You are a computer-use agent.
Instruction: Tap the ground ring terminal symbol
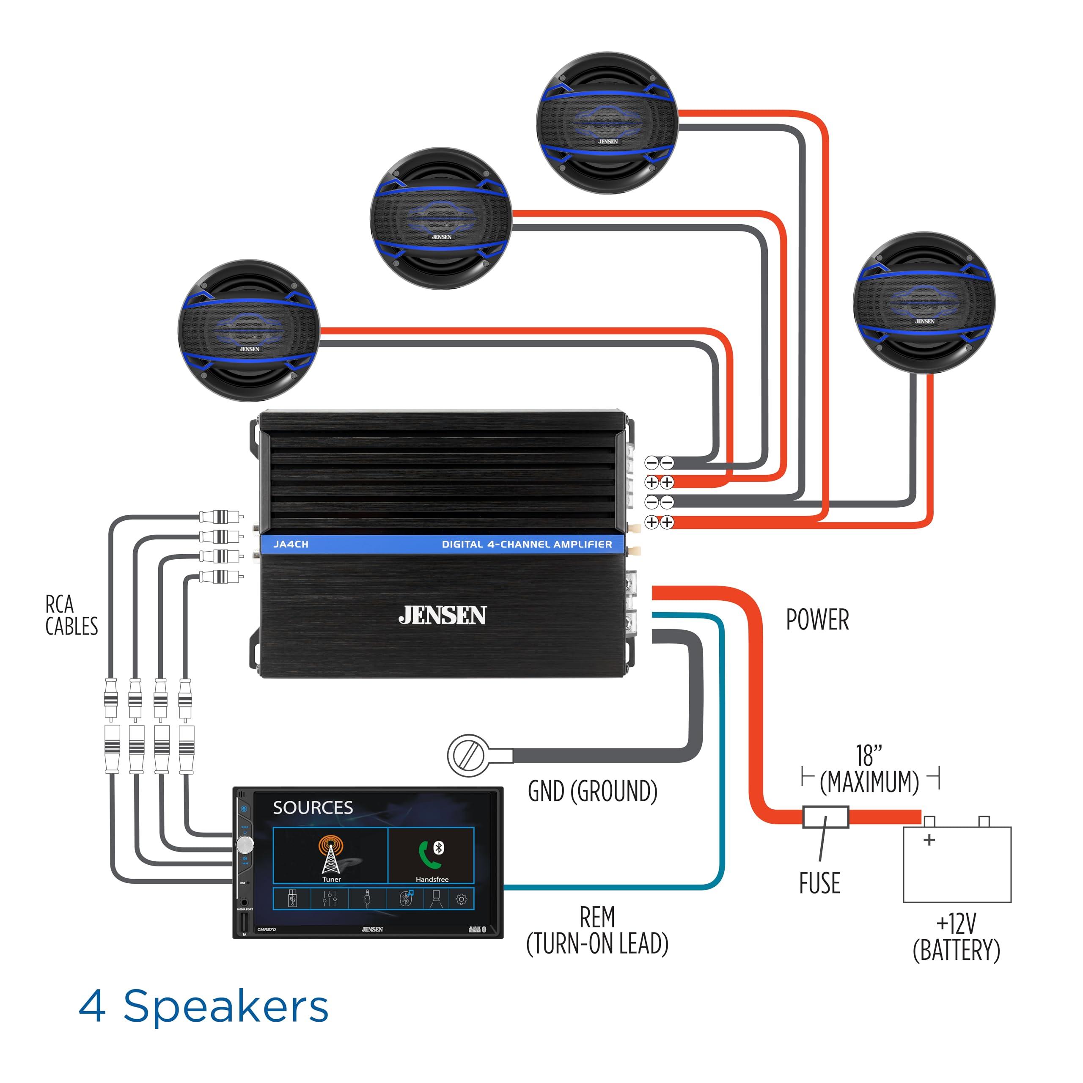[467, 755]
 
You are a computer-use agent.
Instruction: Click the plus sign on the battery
[929, 840]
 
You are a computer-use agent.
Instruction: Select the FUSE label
[819, 883]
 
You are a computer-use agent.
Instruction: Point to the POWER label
[817, 619]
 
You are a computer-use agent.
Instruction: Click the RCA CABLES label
[71, 615]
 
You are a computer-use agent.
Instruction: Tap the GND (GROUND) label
[593, 791]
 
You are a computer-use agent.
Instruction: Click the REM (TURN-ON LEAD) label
[597, 931]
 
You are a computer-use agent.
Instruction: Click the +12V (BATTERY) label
[957, 937]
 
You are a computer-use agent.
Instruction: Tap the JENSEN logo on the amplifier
[442, 615]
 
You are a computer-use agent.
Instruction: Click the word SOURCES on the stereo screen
[312, 808]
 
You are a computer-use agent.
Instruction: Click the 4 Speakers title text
[203, 1006]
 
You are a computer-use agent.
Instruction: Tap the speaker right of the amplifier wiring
[924, 303]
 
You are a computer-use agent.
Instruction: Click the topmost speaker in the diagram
[607, 124]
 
